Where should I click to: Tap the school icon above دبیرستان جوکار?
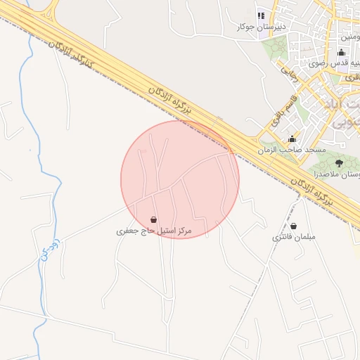pos(261,15)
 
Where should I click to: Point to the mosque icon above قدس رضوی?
pos(342,52)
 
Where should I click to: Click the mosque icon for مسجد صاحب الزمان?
pos(292,139)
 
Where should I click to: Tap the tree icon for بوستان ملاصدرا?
pos(339,162)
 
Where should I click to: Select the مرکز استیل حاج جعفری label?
pos(154,231)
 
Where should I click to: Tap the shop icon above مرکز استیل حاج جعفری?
pos(154,219)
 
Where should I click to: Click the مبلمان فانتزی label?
pos(295,237)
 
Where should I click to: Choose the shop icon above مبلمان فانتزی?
pos(293,226)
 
